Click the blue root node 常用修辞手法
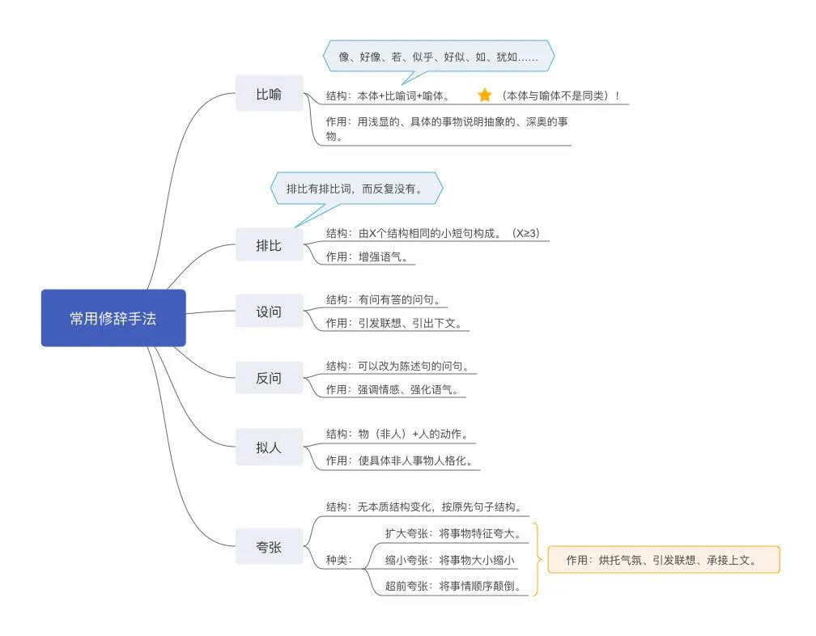pyautogui.click(x=113, y=318)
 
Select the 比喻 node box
pyautogui.click(x=269, y=94)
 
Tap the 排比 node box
pyautogui.click(x=269, y=245)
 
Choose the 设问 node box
pyautogui.click(x=269, y=311)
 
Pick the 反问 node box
pyautogui.click(x=269, y=378)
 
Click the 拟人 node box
pyautogui.click(x=269, y=447)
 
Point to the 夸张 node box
pyautogui.click(x=269, y=547)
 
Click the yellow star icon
pyautogui.click(x=484, y=95)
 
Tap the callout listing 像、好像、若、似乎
pyautogui.click(x=438, y=57)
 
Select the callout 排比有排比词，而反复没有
pyautogui.click(x=357, y=189)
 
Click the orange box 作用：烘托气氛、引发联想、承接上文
pyautogui.click(x=663, y=559)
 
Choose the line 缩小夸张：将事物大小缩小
pyautogui.click(x=449, y=560)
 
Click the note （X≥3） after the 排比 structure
pyautogui.click(x=525, y=233)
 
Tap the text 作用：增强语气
pyautogui.click(x=372, y=257)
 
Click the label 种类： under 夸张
pyautogui.click(x=339, y=560)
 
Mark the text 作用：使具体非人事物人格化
pyautogui.click(x=398, y=460)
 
